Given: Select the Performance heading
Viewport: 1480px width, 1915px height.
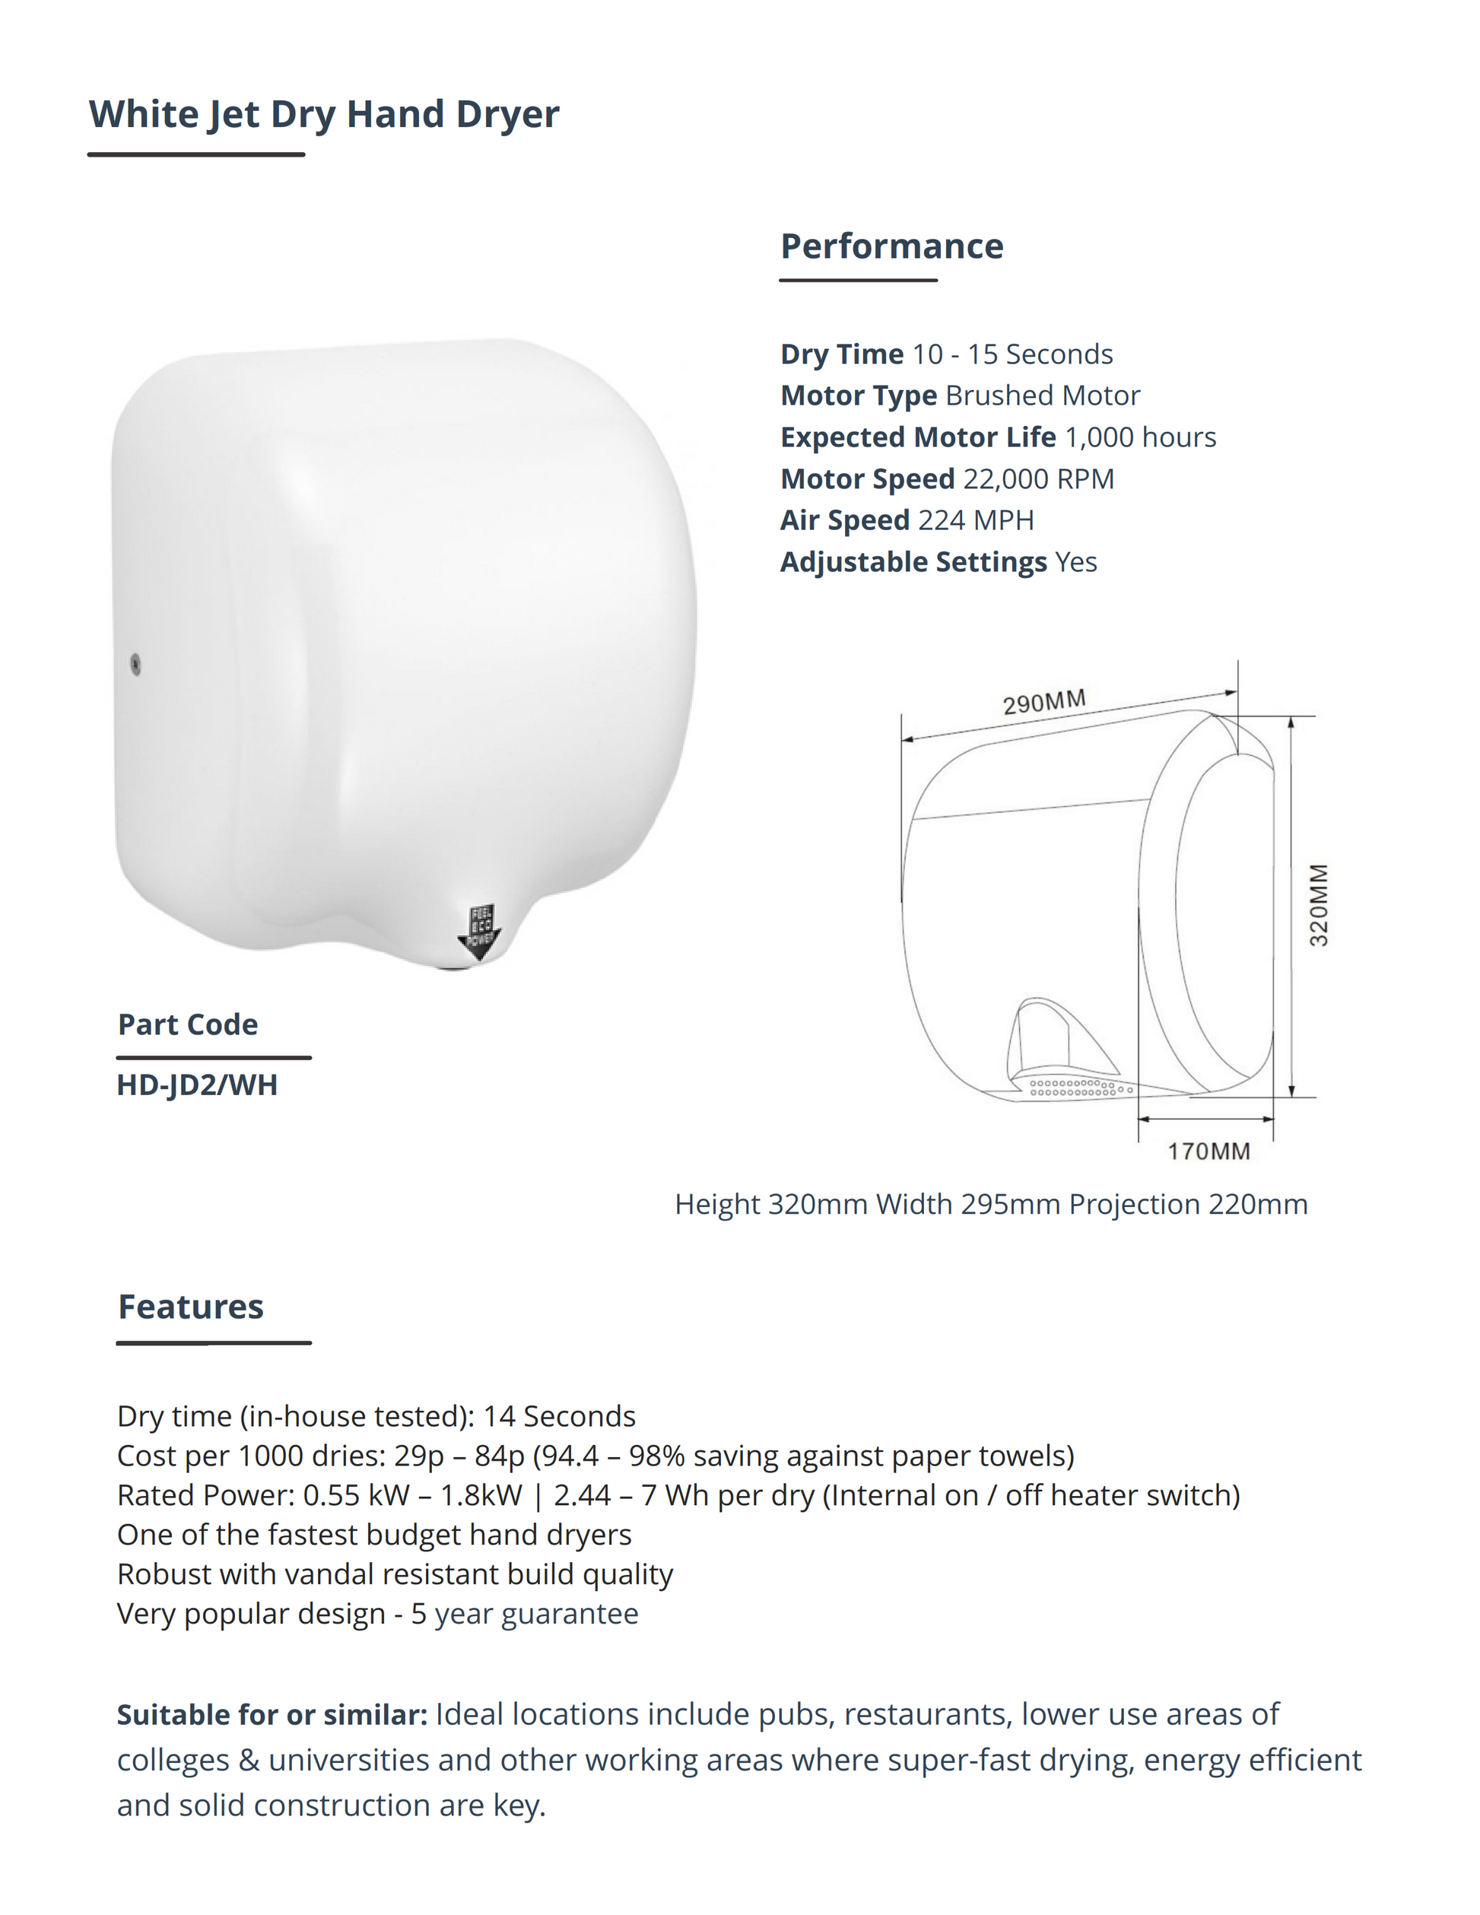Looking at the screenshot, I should [891, 246].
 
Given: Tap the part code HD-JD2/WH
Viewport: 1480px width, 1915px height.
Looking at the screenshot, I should [197, 1085].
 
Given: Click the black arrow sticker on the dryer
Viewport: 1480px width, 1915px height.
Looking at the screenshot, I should [478, 933].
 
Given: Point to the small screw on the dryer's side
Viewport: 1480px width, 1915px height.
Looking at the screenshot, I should [136, 664].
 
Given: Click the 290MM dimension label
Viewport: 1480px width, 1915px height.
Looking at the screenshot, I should [1044, 702].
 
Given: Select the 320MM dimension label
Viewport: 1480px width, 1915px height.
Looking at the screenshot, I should [1318, 905].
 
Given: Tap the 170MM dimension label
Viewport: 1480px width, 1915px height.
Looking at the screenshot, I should [1208, 1151].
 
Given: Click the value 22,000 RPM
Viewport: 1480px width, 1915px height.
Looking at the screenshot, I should [1038, 479].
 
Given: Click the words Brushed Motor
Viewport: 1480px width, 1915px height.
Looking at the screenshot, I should [1043, 395].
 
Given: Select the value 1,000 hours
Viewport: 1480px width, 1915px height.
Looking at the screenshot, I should [1140, 437].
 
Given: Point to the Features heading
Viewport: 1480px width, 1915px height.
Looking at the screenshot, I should [190, 1307].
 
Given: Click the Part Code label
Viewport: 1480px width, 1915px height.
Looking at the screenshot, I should [188, 1024].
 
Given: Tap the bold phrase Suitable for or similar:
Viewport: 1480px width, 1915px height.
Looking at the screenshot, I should [272, 1714].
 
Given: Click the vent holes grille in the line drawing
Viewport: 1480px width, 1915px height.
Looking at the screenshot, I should [1078, 1088].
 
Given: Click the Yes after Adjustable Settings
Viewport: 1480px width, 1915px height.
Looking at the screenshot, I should [1076, 562].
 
